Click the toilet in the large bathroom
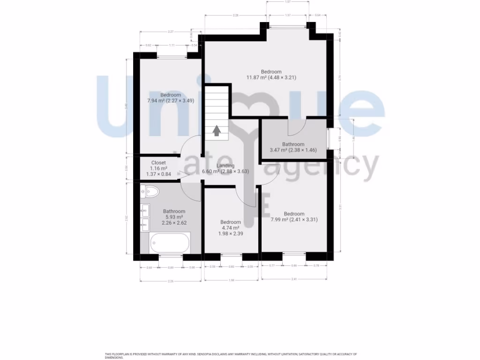(150, 191)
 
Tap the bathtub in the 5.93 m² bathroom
(170, 243)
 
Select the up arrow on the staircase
(217, 131)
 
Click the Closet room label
(158, 163)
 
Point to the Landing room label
(225, 165)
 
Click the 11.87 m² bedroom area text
(271, 77)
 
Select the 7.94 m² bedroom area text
(170, 100)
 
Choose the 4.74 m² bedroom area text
(230, 227)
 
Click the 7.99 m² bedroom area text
(294, 219)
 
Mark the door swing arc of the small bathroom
(296, 126)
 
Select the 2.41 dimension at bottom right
(294, 279)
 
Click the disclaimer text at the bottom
(230, 355)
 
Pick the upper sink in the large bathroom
(145, 209)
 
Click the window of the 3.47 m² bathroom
(329, 138)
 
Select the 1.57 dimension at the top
(288, 2)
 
